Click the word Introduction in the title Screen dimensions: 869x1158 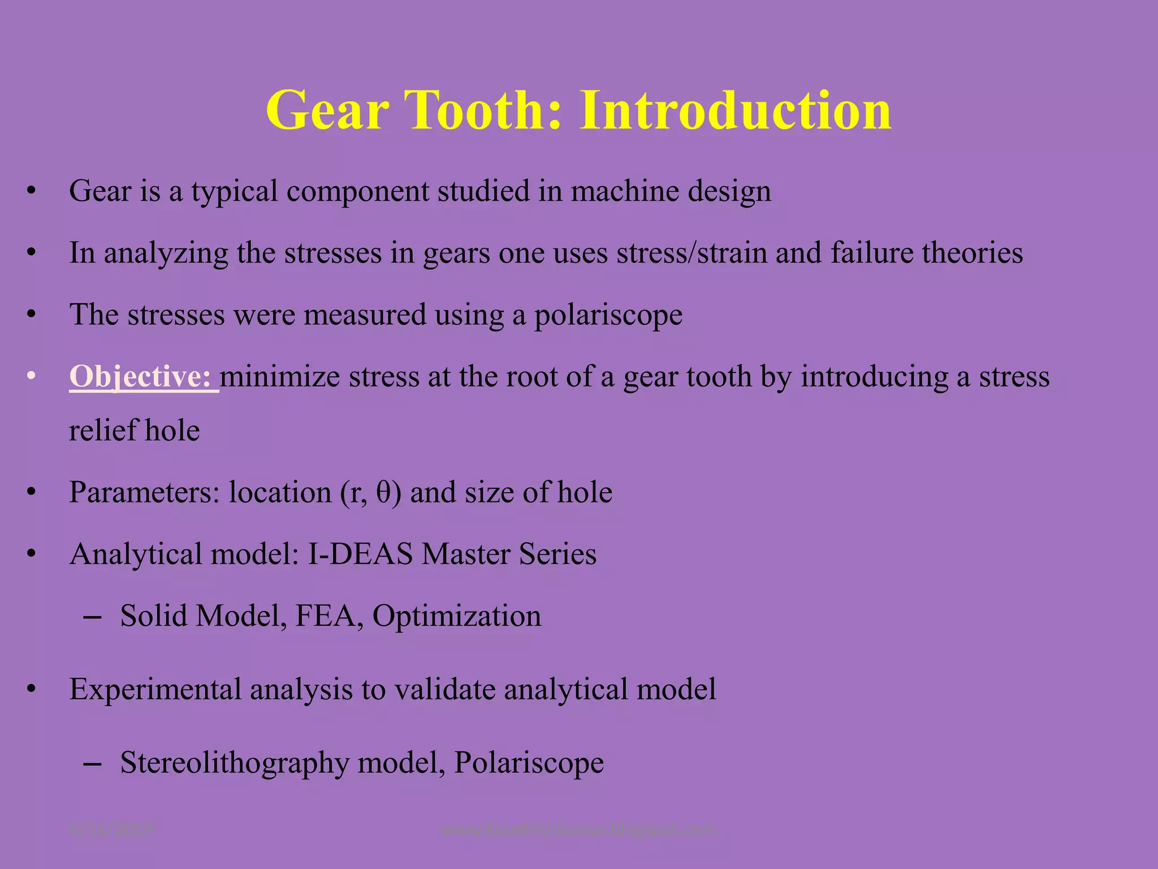[734, 110]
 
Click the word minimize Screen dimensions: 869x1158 [280, 376]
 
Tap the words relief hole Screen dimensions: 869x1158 [135, 431]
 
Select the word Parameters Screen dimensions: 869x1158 [144, 492]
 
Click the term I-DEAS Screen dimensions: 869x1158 [360, 554]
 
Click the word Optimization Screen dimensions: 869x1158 [456, 616]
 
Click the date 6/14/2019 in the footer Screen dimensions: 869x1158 [111, 830]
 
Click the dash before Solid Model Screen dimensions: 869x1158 [92, 617]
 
